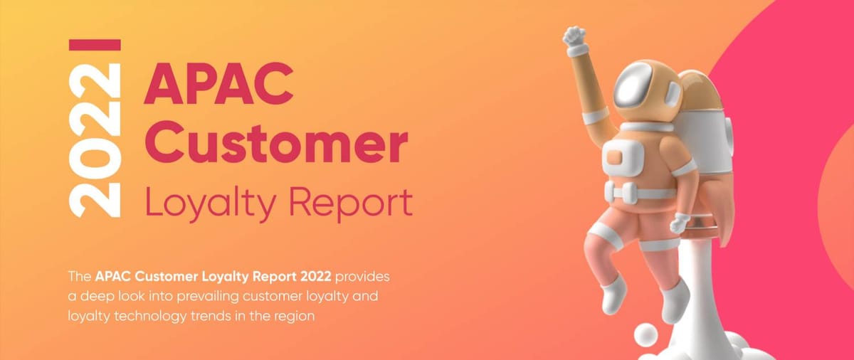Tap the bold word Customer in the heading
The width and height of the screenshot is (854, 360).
tap(275, 143)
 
